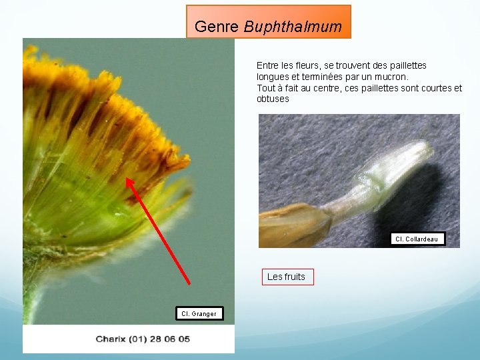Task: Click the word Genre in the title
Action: click(217, 27)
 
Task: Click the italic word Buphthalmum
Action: click(293, 27)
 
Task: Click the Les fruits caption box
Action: click(286, 277)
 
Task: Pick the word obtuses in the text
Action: click(273, 99)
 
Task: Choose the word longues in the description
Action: click(273, 77)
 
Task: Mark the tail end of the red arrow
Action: click(189, 283)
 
